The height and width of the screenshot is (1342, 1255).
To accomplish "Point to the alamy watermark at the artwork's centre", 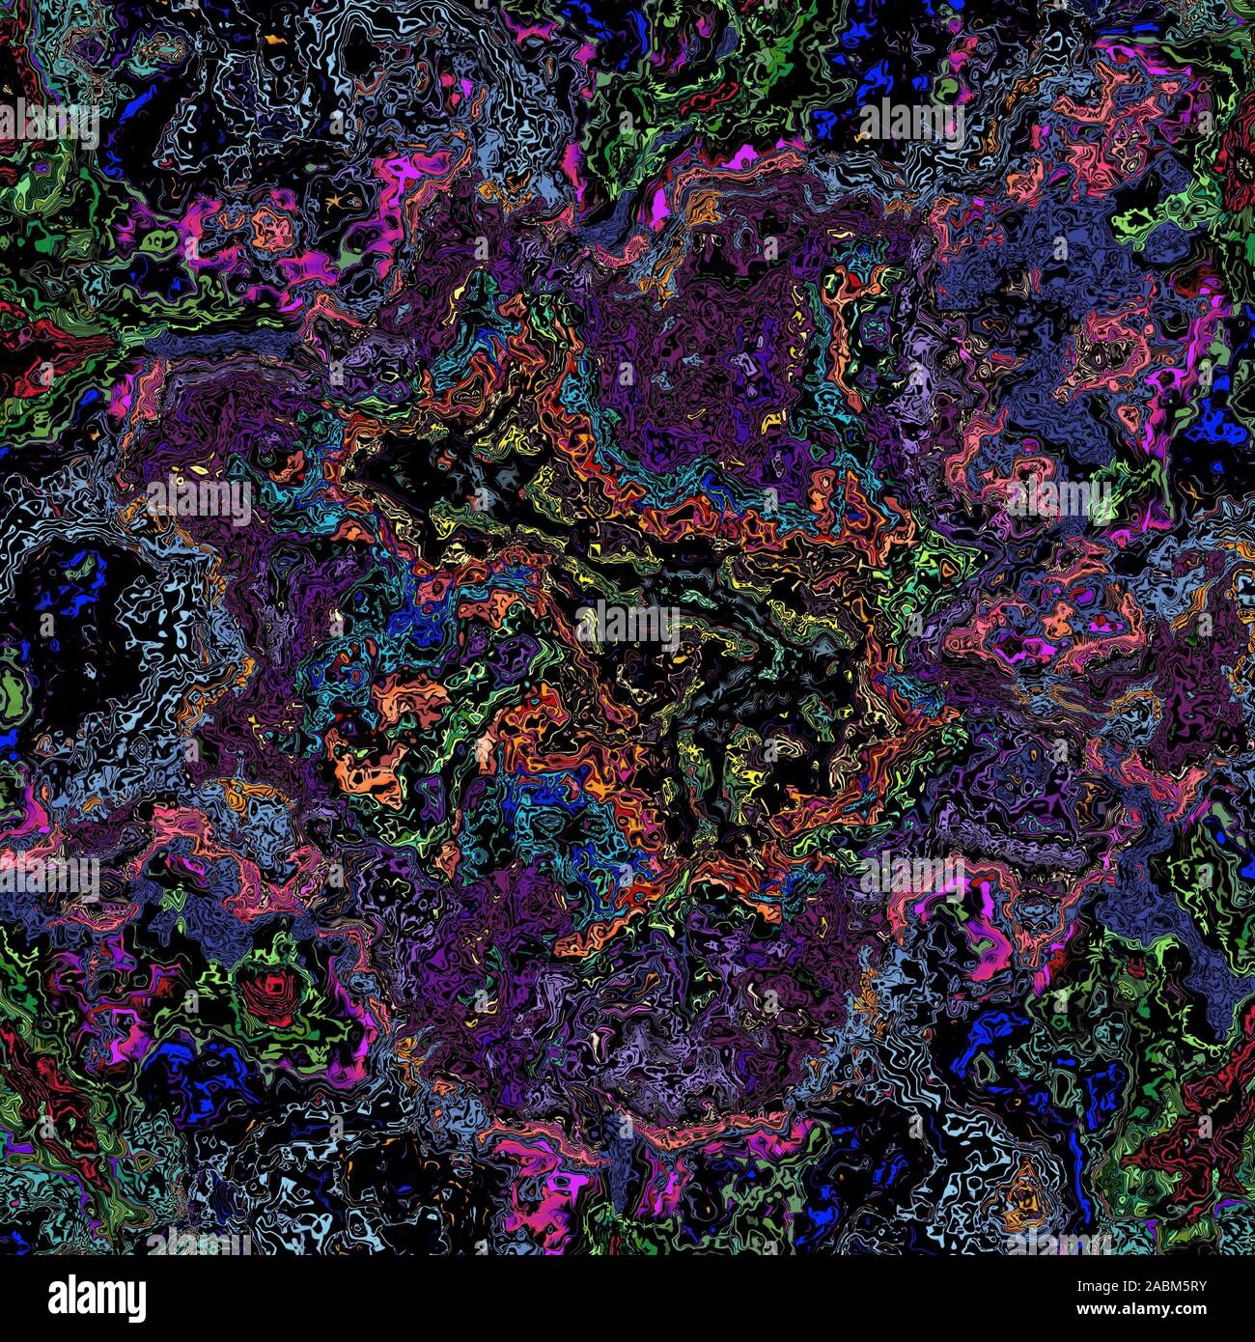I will point(627,623).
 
